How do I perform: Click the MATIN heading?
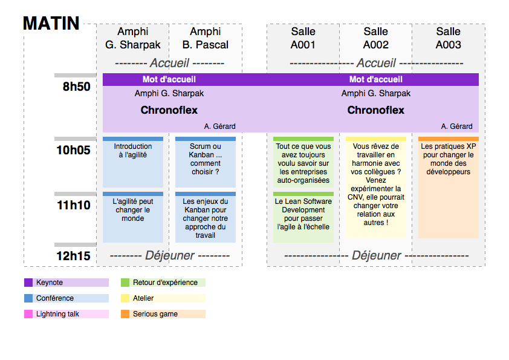51,24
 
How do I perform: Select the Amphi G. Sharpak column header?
133,38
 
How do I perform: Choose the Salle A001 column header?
303,38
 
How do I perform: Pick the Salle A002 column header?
376,38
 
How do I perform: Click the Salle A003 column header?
449,38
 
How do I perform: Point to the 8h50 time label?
76,87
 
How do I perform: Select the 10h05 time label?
74,150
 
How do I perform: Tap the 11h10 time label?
74,205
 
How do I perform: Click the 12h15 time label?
74,256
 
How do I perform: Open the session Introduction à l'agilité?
133,151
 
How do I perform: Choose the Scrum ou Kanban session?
206,159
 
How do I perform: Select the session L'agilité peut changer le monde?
133,210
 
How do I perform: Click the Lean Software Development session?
303,214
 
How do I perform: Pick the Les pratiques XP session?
449,159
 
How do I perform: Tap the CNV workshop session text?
376,185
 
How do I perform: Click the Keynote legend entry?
50,283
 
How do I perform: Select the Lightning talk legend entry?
57,314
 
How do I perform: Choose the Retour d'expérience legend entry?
165,283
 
